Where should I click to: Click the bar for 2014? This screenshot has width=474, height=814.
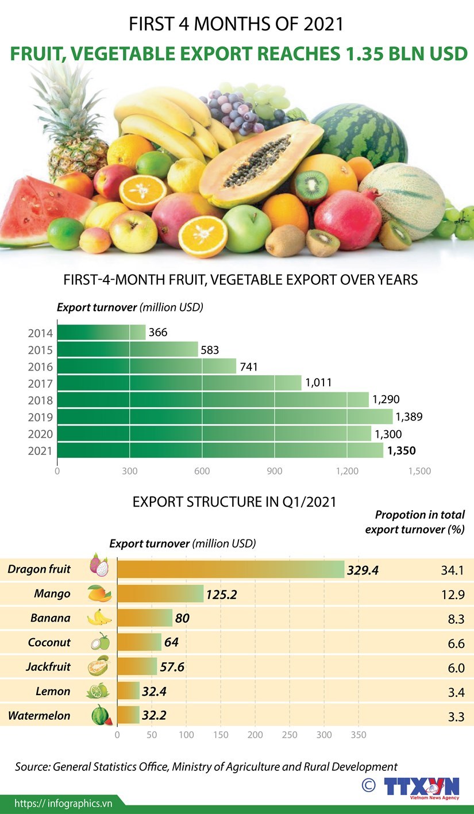(101, 333)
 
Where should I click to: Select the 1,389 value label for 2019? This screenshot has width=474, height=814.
(409, 416)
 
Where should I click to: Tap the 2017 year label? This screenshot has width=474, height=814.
(40, 384)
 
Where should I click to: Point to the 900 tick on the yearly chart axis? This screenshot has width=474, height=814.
(274, 471)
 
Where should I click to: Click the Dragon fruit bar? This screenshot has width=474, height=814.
(230, 569)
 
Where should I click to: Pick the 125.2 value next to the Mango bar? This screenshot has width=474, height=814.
(221, 594)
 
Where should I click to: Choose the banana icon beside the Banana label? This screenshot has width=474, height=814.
(99, 618)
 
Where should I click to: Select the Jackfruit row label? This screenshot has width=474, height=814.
(48, 667)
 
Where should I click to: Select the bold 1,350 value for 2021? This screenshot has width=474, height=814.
(401, 451)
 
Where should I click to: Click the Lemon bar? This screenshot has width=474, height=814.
(128, 691)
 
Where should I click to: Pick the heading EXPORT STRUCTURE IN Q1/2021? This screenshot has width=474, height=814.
(234, 501)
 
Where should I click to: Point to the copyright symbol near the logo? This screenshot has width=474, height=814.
(369, 785)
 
